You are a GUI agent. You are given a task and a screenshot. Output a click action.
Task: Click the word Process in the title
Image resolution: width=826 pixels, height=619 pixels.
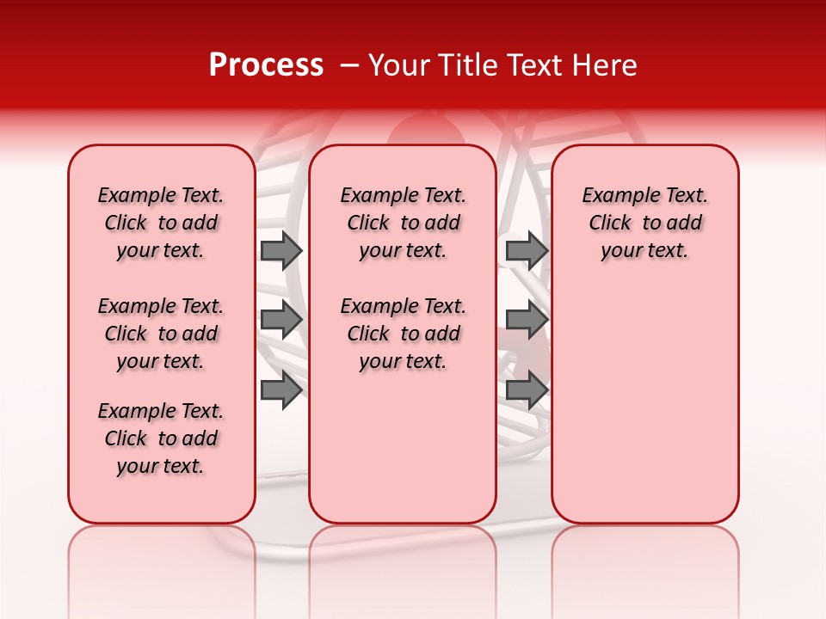click(x=266, y=65)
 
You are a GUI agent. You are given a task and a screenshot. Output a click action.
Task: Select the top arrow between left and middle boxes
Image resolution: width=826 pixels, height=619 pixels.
click(x=281, y=251)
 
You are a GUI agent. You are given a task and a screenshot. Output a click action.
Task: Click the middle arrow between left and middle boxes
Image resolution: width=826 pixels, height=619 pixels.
click(x=281, y=320)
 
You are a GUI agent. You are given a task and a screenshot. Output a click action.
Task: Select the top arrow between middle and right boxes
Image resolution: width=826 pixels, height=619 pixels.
click(x=527, y=251)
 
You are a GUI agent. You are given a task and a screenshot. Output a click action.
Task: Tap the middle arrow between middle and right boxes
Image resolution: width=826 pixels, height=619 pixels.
click(x=527, y=320)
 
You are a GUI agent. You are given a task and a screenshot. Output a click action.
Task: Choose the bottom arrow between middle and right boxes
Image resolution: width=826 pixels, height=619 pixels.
click(x=527, y=389)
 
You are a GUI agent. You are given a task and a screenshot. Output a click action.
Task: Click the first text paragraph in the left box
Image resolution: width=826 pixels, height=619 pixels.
click(x=161, y=223)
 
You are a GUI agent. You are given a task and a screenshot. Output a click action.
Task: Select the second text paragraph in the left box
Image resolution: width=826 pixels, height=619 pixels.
click(x=161, y=334)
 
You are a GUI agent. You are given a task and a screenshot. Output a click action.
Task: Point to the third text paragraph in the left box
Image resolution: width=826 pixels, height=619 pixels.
click(x=161, y=438)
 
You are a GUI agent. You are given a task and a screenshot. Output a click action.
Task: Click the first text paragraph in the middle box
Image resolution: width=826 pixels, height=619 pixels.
click(x=403, y=223)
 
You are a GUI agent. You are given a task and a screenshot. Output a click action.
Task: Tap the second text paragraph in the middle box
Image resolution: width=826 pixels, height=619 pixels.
click(x=403, y=334)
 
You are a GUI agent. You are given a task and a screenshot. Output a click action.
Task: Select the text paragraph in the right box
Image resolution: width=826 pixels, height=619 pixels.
click(x=644, y=223)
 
